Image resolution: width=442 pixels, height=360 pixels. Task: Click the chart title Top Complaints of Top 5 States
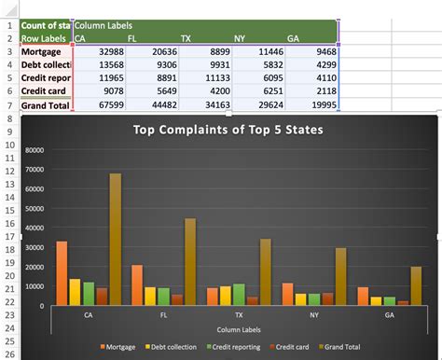point(228,131)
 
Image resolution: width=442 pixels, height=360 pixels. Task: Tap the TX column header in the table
point(186,38)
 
